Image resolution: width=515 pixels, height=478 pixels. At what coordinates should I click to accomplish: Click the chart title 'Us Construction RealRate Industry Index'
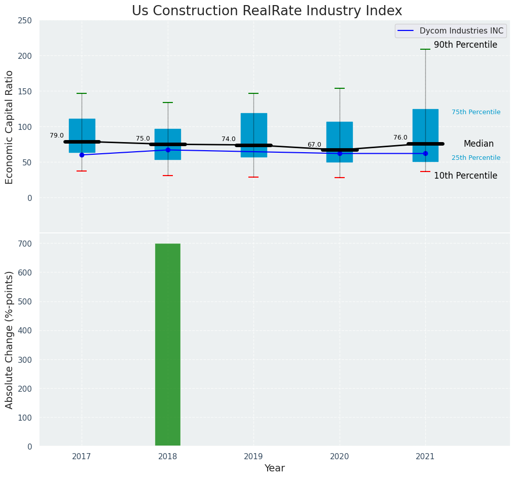point(267,11)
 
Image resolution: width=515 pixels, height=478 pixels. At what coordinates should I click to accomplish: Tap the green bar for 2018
point(168,345)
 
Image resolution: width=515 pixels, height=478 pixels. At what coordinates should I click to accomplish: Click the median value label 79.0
point(57,135)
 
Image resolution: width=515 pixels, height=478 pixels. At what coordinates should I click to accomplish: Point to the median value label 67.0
point(314,145)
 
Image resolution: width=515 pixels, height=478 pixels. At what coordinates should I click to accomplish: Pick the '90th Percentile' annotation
point(465,45)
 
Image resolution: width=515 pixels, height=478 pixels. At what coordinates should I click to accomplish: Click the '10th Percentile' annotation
point(465,176)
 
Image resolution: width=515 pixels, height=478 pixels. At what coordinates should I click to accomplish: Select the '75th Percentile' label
point(476,112)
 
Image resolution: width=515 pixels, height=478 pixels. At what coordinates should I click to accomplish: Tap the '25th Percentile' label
point(476,158)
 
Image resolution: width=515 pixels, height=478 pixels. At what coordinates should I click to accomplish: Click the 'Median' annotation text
point(479,144)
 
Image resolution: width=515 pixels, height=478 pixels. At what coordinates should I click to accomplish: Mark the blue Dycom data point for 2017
point(82,155)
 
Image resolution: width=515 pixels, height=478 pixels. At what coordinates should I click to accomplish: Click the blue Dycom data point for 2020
point(340,153)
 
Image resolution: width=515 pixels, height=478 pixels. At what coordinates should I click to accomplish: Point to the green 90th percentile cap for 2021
point(425,49)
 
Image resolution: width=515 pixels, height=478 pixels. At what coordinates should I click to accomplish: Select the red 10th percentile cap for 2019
point(253,177)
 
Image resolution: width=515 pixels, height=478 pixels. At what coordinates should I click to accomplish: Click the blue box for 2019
point(253,127)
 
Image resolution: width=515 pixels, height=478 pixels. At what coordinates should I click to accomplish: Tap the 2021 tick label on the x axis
point(425,457)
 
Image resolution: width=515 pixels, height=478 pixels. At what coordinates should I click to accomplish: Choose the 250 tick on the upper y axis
point(25,20)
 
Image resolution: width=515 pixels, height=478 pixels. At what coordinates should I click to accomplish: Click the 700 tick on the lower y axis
point(25,244)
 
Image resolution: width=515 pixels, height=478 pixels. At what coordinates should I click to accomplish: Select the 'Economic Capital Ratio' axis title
point(10,127)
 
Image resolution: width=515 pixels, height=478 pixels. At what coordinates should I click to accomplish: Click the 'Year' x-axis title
point(274,468)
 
